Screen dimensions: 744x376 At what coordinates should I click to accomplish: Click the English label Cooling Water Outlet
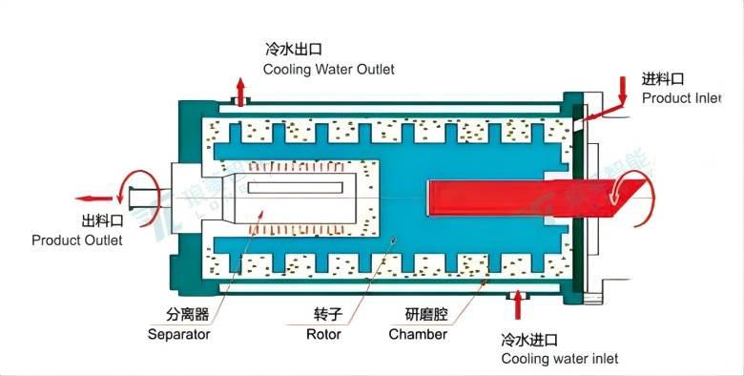click(329, 70)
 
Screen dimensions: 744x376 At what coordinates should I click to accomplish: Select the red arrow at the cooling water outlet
click(241, 92)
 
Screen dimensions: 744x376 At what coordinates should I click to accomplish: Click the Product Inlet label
click(681, 98)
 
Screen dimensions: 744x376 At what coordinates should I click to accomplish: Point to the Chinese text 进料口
click(663, 79)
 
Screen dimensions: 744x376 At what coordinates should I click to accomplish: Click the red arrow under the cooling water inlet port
click(518, 304)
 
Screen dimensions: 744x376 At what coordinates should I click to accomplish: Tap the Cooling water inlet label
click(560, 359)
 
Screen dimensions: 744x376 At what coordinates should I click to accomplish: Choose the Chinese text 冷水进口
click(529, 340)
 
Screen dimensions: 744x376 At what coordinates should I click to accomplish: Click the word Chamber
click(418, 334)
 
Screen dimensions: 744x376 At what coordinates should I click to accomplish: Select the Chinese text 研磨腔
click(426, 314)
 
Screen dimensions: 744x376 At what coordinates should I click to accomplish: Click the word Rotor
click(323, 334)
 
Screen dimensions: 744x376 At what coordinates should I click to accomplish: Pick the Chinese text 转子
click(328, 314)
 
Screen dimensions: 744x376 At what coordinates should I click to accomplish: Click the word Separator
click(178, 334)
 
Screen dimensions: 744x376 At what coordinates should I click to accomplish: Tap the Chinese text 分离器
click(187, 314)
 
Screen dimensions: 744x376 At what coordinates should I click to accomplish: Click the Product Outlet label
click(77, 240)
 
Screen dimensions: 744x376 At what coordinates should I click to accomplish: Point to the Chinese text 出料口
click(102, 220)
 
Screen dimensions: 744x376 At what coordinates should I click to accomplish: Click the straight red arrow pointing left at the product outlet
click(93, 198)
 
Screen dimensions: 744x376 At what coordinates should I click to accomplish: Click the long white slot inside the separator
click(295, 188)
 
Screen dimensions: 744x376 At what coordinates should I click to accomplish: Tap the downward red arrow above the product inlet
click(622, 91)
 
